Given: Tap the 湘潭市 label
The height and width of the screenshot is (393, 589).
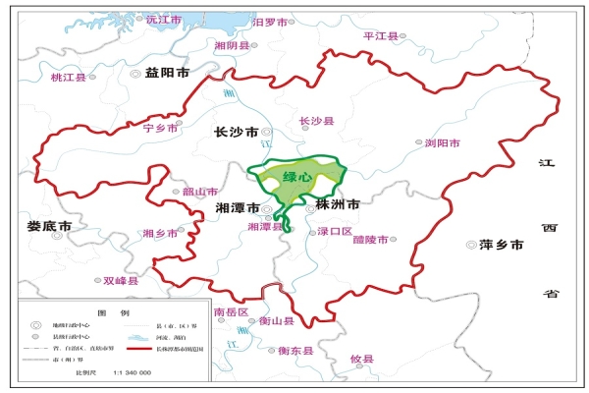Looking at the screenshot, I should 237,208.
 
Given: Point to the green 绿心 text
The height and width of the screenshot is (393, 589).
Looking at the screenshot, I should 297,178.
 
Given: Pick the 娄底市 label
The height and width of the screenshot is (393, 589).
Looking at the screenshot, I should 49,226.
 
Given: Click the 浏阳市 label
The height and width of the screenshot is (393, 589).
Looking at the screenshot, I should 442,142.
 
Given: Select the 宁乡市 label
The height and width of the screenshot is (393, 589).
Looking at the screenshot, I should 162,128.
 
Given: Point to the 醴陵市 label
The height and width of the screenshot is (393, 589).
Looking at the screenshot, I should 370,239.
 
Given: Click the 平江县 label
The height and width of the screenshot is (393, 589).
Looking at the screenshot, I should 380,35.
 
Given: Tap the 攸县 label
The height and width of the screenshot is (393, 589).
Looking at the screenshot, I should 362,360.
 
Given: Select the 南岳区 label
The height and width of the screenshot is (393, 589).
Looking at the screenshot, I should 231,311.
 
